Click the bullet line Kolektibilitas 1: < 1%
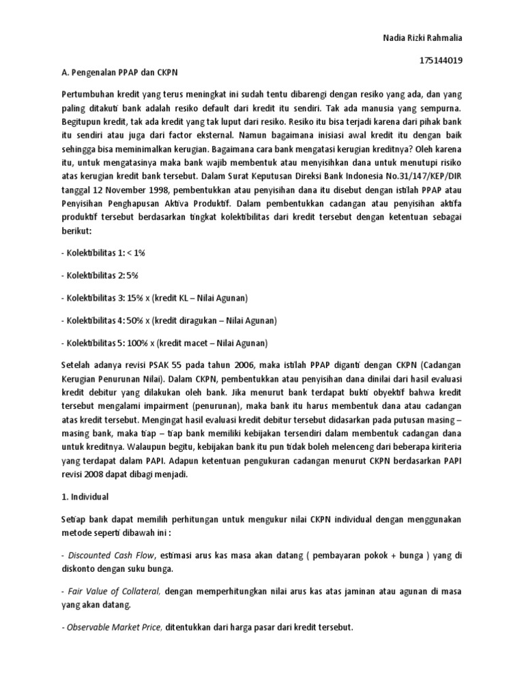pyautogui.click(x=104, y=252)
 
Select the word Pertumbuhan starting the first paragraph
pyautogui.click(x=86, y=96)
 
